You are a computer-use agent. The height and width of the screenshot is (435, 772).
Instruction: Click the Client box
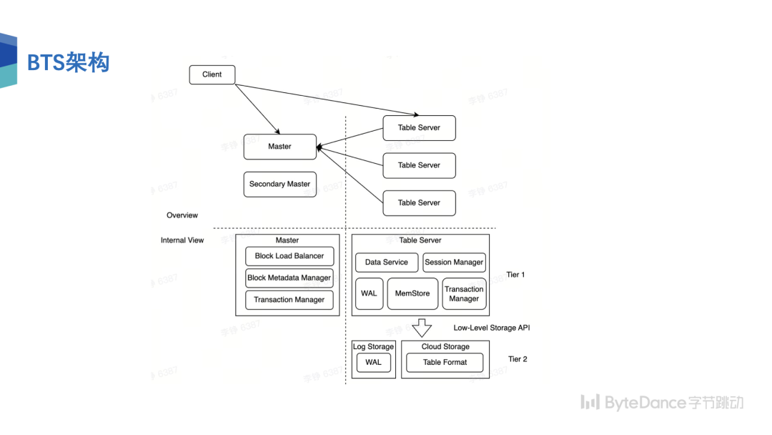(212, 74)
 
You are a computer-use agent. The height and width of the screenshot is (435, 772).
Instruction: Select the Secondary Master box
(279, 184)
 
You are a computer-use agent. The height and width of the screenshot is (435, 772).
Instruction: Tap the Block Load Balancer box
(289, 256)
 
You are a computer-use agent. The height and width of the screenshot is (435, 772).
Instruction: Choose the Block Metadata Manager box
(289, 278)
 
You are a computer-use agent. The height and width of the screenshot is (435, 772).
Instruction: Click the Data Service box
(386, 262)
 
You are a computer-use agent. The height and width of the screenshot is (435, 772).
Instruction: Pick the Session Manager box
(454, 262)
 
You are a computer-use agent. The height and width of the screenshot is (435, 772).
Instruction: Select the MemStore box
(412, 293)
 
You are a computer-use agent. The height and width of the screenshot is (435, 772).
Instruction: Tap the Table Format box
(445, 362)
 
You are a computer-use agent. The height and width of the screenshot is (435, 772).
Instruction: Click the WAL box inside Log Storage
(373, 362)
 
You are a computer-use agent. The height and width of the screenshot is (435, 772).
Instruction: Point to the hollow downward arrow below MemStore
(422, 328)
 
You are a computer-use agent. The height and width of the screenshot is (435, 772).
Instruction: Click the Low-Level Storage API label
(492, 328)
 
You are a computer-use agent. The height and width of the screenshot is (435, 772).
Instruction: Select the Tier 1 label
(515, 275)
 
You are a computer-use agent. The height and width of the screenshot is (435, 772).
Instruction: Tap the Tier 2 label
(518, 359)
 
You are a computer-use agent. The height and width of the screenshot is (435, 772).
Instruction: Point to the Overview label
(182, 215)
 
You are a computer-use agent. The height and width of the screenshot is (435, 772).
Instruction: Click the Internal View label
(182, 240)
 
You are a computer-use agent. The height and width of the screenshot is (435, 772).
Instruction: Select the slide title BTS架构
(68, 63)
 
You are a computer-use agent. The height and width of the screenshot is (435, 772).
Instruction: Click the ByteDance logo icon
(590, 402)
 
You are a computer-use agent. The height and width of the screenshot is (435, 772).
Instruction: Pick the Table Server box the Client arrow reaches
(419, 127)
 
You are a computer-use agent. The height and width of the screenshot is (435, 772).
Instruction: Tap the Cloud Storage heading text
(445, 347)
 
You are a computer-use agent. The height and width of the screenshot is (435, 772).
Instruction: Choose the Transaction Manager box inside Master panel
(289, 300)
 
